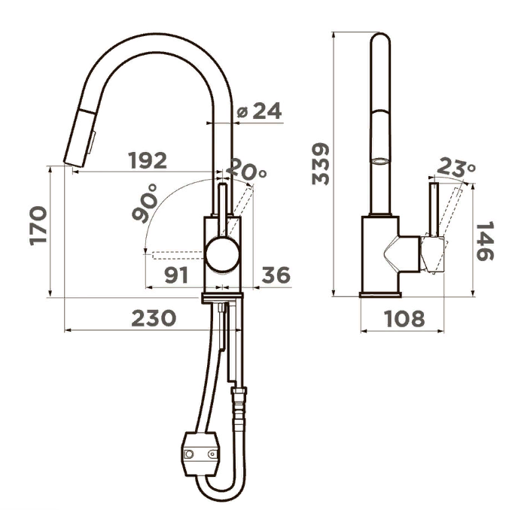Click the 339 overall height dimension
321,164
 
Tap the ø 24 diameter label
259,111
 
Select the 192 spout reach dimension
148,160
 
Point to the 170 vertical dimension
38,226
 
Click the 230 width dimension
154,318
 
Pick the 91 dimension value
176,275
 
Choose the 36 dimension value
276,275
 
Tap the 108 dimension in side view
404,318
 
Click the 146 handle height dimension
485,241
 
